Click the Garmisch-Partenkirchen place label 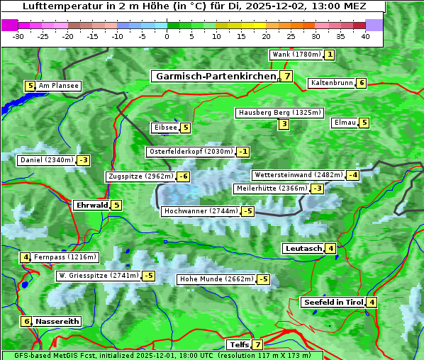[215, 76]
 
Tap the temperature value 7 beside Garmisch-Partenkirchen [286, 77]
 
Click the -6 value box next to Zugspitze [183, 176]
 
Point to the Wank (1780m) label [296, 55]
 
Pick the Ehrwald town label [91, 206]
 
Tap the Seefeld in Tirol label [333, 303]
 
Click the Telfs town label [237, 345]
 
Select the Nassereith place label [57, 321]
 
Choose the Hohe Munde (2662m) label [216, 279]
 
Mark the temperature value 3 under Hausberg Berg [284, 125]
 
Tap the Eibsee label [164, 128]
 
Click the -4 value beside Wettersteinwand [353, 175]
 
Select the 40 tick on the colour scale [365, 35]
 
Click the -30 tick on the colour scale [18, 35]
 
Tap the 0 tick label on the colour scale [167, 35]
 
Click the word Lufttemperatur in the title [55, 6]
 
